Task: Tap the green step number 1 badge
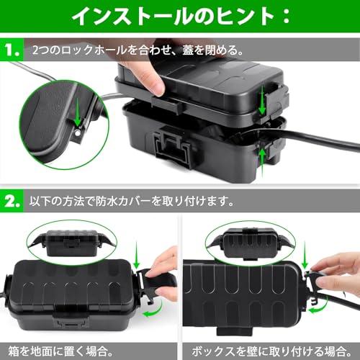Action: click(x=12, y=52)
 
